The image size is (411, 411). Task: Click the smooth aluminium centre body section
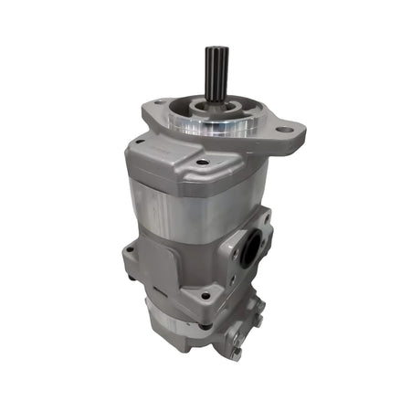[x=174, y=210]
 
